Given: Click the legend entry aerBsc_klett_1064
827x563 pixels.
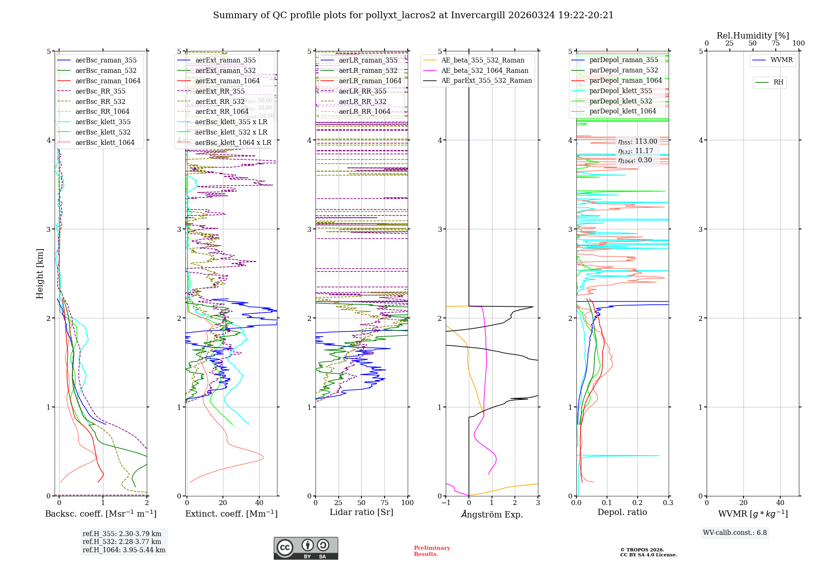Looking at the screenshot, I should click(x=105, y=142).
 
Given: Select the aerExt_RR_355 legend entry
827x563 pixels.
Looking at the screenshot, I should click(x=220, y=91).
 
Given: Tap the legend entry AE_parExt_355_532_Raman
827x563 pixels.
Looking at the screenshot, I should click(x=486, y=80).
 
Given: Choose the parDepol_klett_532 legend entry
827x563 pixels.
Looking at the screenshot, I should click(x=620, y=101).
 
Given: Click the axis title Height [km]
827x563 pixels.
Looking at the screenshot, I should click(x=40, y=273).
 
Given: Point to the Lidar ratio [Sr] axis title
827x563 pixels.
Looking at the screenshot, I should click(x=361, y=512).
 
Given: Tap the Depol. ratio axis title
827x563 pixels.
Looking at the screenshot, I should click(x=622, y=512).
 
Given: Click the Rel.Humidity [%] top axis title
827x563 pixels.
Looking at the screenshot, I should click(x=753, y=36).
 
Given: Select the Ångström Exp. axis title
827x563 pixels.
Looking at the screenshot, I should click(x=492, y=514).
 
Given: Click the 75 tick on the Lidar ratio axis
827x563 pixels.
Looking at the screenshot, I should click(x=385, y=503).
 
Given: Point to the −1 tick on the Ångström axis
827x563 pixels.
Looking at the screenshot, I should click(x=445, y=503).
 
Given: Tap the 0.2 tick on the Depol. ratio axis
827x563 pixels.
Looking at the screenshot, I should click(x=637, y=503).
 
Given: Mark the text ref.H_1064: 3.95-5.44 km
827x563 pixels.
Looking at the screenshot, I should click(x=124, y=550).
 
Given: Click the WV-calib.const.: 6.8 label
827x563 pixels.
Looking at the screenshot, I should click(x=734, y=532).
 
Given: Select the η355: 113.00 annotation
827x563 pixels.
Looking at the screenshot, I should click(x=637, y=142).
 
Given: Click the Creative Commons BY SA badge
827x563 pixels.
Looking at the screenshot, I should click(x=306, y=548).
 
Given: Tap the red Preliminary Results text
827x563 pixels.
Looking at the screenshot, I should click(x=432, y=551).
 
